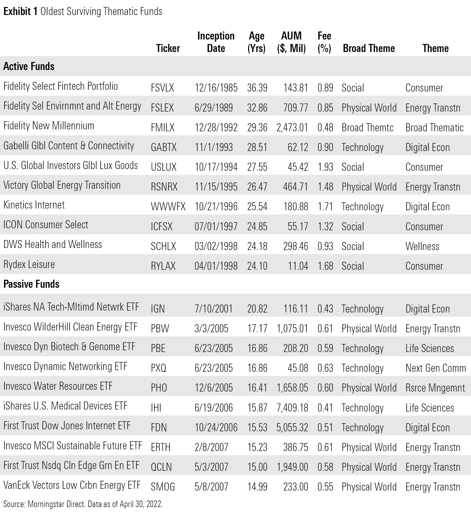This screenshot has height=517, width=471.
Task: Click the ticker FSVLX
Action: pos(162,88)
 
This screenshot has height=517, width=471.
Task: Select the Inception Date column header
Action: pos(216,42)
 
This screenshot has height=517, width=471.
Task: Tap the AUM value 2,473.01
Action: pos(292,127)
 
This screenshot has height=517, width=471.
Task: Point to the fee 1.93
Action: pos(325,167)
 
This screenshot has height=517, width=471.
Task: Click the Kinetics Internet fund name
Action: pos(34,205)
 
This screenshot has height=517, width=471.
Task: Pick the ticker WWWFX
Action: pos(168,207)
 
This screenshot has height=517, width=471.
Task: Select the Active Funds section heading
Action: pos(29,66)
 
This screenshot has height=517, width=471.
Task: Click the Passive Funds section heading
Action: pos(31,284)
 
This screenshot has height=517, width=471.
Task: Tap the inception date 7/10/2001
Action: pos(213,309)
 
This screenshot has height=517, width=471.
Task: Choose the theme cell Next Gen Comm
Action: pos(435,368)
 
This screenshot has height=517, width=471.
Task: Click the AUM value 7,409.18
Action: pos(292,408)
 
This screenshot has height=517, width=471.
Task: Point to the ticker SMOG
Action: pos(163,487)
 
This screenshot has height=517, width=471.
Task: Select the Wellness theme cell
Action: pos(422,246)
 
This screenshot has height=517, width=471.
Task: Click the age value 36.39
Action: pos(257,88)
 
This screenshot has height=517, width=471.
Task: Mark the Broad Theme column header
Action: pos(369,48)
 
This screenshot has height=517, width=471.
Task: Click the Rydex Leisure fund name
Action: pos(29,264)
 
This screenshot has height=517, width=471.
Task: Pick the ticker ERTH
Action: pos(161,447)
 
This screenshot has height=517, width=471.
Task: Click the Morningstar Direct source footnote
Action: pos(83,504)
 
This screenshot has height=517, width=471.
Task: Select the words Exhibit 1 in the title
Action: pos(21,11)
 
